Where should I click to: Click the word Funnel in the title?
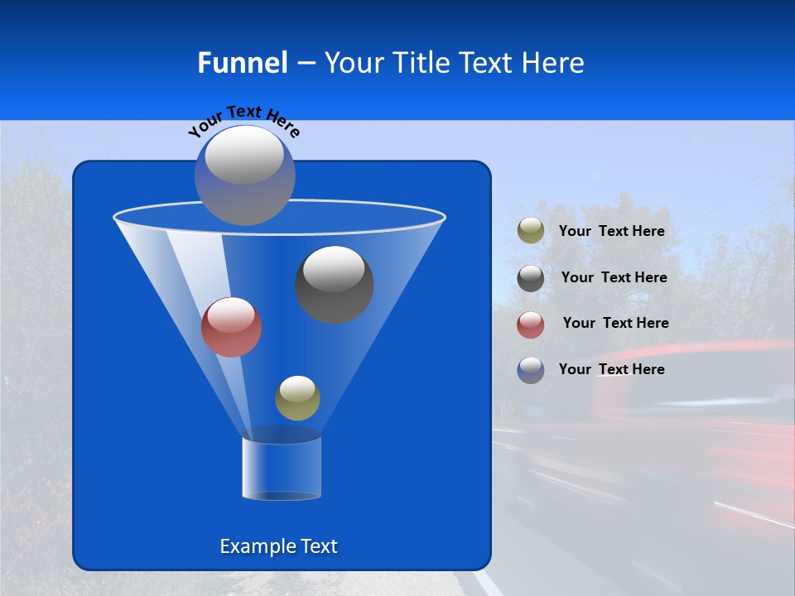click(242, 63)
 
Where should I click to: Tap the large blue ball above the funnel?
click(244, 175)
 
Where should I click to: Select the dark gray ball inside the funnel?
click(334, 284)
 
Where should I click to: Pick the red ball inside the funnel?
click(231, 327)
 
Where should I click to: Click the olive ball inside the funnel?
click(297, 398)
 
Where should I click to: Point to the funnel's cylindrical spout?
click(282, 468)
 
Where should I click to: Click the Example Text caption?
click(278, 546)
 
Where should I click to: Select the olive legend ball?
click(531, 231)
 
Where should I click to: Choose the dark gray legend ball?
click(531, 278)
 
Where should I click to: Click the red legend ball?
click(531, 324)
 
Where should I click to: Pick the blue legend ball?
click(531, 370)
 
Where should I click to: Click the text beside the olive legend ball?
click(611, 232)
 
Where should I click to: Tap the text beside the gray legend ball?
click(614, 278)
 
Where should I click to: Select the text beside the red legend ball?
click(615, 324)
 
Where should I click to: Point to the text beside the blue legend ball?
click(611, 370)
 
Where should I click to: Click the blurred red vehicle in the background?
click(712, 430)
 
